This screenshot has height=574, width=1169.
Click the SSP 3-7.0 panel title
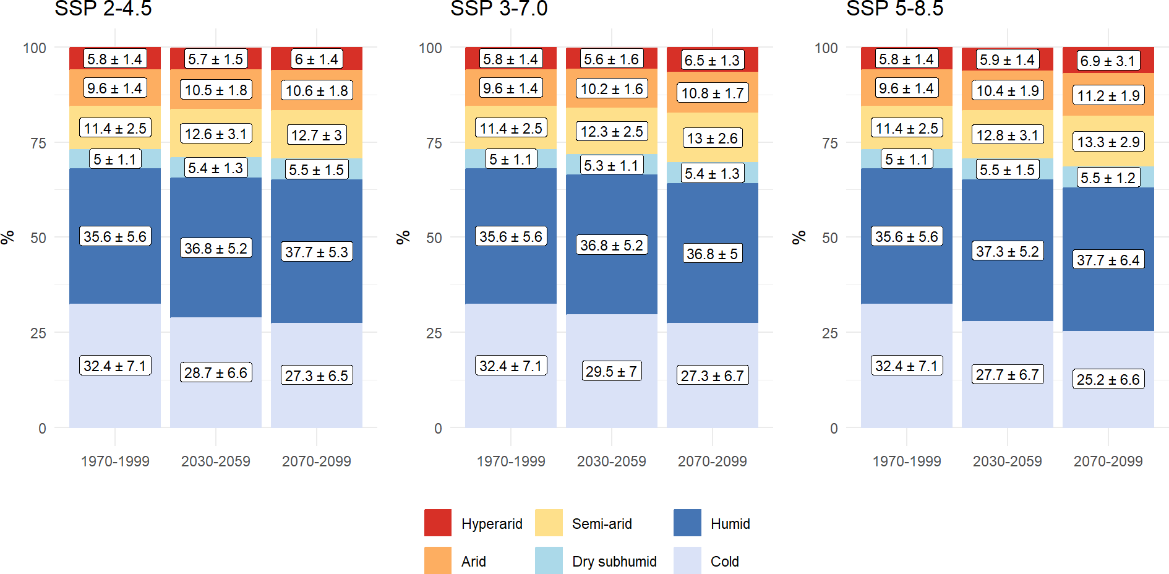pyautogui.click(x=499, y=9)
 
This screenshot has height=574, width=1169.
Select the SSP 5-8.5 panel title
pyautogui.click(x=894, y=9)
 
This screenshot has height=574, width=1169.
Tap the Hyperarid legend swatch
pyautogui.click(x=438, y=523)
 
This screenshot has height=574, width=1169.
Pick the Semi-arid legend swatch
pyautogui.click(x=549, y=523)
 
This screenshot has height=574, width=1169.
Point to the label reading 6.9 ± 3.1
pyautogui.click(x=1108, y=61)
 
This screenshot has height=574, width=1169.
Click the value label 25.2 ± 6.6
pyautogui.click(x=1108, y=379)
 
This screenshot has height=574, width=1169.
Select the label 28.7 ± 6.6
pyautogui.click(x=215, y=372)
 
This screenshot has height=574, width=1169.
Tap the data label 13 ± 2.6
pyautogui.click(x=713, y=138)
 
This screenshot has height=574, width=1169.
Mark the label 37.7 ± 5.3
pyautogui.click(x=316, y=252)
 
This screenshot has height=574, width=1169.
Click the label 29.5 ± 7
pyautogui.click(x=611, y=371)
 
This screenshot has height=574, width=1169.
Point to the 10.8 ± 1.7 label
pyautogui.click(x=713, y=93)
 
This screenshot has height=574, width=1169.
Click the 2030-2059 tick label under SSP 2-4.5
pyautogui.click(x=215, y=461)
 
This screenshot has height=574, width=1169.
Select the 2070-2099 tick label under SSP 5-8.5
pyautogui.click(x=1108, y=461)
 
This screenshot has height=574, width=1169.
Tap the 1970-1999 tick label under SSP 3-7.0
pyautogui.click(x=511, y=461)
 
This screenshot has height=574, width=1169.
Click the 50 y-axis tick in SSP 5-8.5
pyautogui.click(x=829, y=238)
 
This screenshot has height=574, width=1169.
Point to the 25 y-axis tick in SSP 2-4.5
pyautogui.click(x=38, y=333)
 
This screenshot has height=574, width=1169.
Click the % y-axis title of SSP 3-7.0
pyautogui.click(x=403, y=238)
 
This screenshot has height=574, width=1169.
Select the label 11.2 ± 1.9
pyautogui.click(x=1108, y=96)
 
